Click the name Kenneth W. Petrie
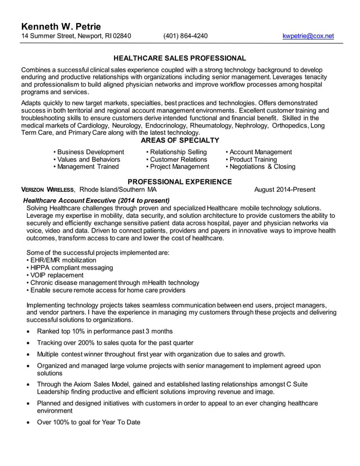(62, 27)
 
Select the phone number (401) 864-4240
(185, 36)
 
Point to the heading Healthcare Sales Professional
(179, 58)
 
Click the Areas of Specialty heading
(179, 140)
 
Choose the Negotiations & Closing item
(262, 167)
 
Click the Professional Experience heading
(179, 182)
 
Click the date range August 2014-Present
(284, 190)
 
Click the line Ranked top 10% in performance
(104, 331)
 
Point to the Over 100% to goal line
(88, 422)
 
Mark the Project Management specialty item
(179, 167)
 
